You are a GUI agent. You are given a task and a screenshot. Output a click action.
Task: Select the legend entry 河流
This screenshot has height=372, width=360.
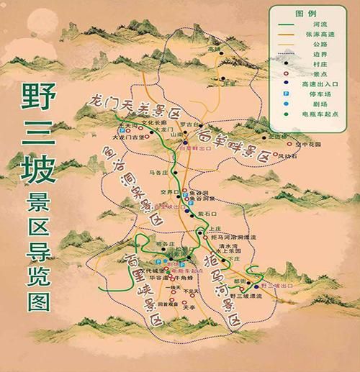coord(313,24)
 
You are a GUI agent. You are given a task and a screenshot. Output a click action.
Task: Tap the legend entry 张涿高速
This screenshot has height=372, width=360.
coord(316,35)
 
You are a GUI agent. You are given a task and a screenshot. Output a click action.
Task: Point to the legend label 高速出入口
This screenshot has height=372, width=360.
coord(318,83)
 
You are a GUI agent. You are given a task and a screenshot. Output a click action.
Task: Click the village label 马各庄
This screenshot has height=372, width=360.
coord(159,173)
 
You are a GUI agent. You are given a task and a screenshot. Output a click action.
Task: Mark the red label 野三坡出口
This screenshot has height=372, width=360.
coord(280,286)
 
